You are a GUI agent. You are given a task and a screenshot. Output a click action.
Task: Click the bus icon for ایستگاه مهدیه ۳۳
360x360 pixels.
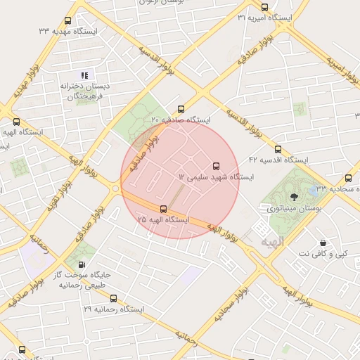(x=67, y=21)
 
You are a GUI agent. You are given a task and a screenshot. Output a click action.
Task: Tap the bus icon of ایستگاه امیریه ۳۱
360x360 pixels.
(x=264, y=7)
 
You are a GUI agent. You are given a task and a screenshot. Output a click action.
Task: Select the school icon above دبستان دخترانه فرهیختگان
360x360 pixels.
(x=84, y=75)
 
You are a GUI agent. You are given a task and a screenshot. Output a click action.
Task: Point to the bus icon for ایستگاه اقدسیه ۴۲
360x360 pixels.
(x=278, y=150)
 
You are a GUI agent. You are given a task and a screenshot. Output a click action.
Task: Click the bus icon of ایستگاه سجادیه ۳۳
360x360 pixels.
(x=348, y=179)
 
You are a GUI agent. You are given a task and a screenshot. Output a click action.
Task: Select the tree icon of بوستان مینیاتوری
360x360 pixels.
(x=294, y=198)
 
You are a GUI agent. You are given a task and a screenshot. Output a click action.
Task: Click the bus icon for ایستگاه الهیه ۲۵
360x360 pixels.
(x=164, y=209)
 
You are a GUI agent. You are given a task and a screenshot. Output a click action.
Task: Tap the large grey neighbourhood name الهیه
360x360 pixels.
(x=272, y=242)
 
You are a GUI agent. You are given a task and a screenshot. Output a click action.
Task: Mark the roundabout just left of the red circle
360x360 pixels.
(x=115, y=188)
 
